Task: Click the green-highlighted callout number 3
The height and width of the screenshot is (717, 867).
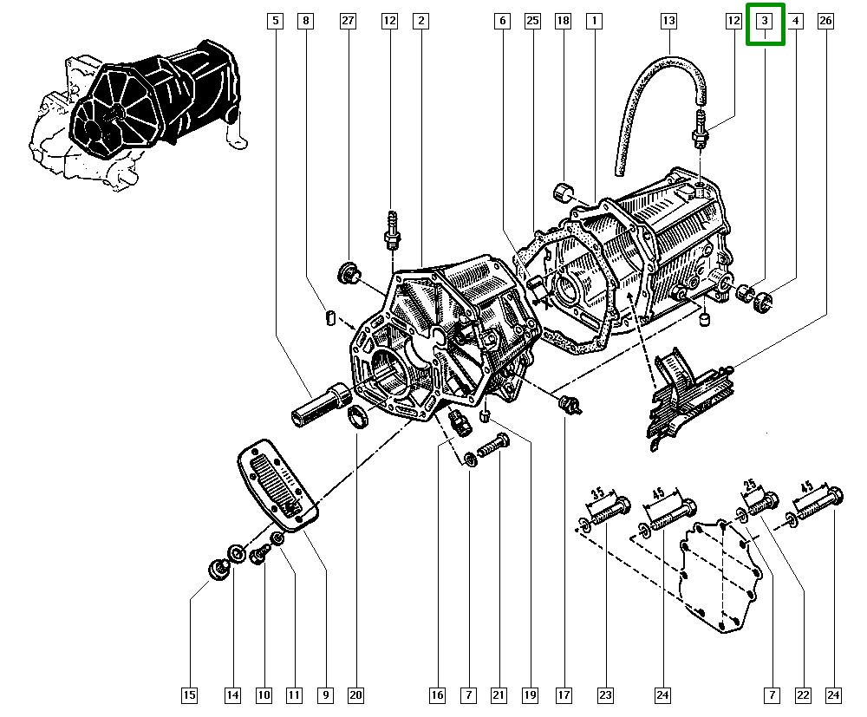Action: pos(765,20)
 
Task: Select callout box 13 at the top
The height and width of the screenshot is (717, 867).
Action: pos(668,20)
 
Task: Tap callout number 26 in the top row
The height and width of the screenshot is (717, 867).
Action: pos(825,20)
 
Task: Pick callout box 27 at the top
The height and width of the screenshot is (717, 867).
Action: pos(348,20)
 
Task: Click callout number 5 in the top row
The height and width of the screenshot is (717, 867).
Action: pos(275,20)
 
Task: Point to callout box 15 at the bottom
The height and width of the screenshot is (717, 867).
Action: pos(189,694)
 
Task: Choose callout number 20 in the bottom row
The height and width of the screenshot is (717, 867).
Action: pos(355,694)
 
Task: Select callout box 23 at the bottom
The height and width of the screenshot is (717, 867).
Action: pos(605,694)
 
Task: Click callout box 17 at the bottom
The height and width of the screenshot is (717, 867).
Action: pos(564,694)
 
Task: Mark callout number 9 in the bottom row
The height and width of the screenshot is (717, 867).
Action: pos(326,694)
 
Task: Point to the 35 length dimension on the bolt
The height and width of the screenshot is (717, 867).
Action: pos(597,493)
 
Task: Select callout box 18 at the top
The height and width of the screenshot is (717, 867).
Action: pos(564,20)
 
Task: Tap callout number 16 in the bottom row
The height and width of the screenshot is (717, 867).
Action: pos(437,694)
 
